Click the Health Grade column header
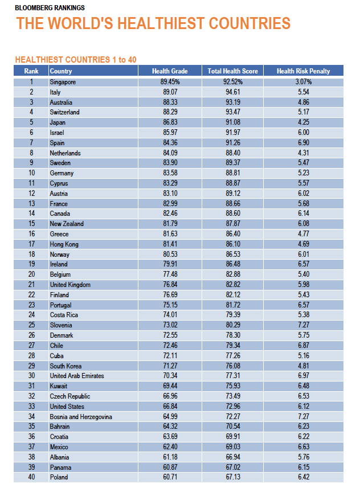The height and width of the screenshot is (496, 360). (170, 71)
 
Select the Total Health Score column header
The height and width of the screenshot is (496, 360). (232, 71)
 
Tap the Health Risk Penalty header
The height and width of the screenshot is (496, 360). (304, 71)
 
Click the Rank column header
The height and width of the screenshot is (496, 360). (31, 71)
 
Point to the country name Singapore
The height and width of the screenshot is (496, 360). (63, 82)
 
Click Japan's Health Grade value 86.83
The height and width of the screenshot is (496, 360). (170, 122)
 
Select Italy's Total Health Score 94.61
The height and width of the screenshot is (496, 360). (233, 92)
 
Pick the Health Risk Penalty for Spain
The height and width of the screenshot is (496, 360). (304, 143)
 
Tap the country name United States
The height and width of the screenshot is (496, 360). (67, 407)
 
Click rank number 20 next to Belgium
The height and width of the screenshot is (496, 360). (32, 274)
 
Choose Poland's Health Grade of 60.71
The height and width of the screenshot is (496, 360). (170, 477)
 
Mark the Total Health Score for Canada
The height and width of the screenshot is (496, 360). (233, 214)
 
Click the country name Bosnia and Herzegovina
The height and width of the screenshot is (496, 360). (81, 417)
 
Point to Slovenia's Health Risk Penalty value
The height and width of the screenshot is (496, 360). (304, 325)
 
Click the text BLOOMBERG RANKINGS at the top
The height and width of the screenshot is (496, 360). (50, 7)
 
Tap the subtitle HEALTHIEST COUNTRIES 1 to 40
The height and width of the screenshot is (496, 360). (76, 59)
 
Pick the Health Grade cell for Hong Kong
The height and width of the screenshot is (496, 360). (170, 244)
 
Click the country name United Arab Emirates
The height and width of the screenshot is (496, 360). (77, 376)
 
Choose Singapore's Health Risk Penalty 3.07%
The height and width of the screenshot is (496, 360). (304, 82)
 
